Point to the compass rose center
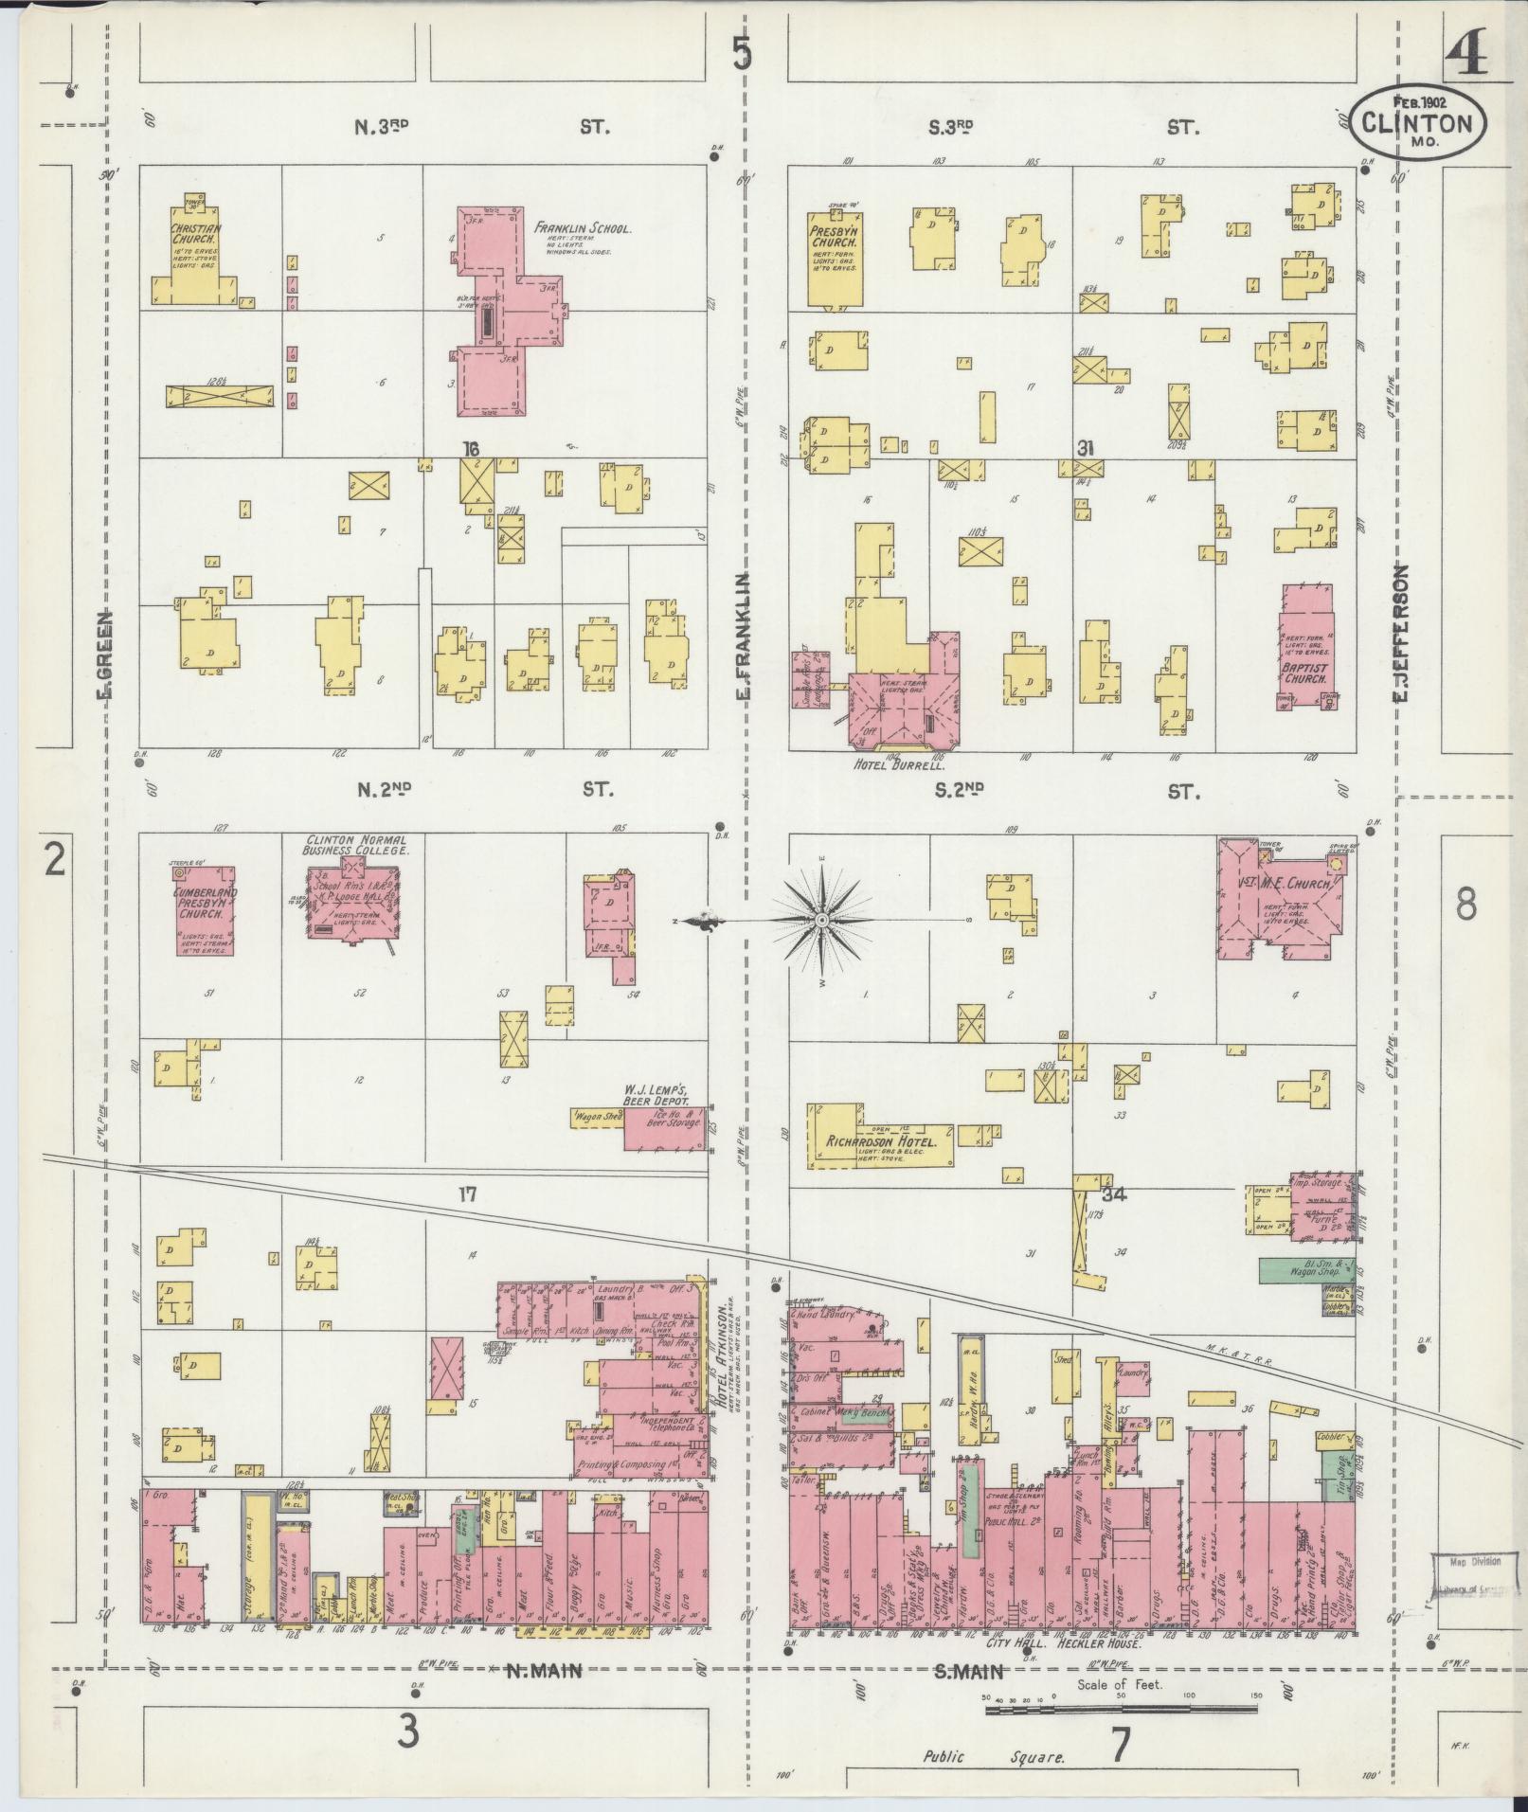(822, 920)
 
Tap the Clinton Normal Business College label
(355, 845)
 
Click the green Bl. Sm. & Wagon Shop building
(1306, 1270)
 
